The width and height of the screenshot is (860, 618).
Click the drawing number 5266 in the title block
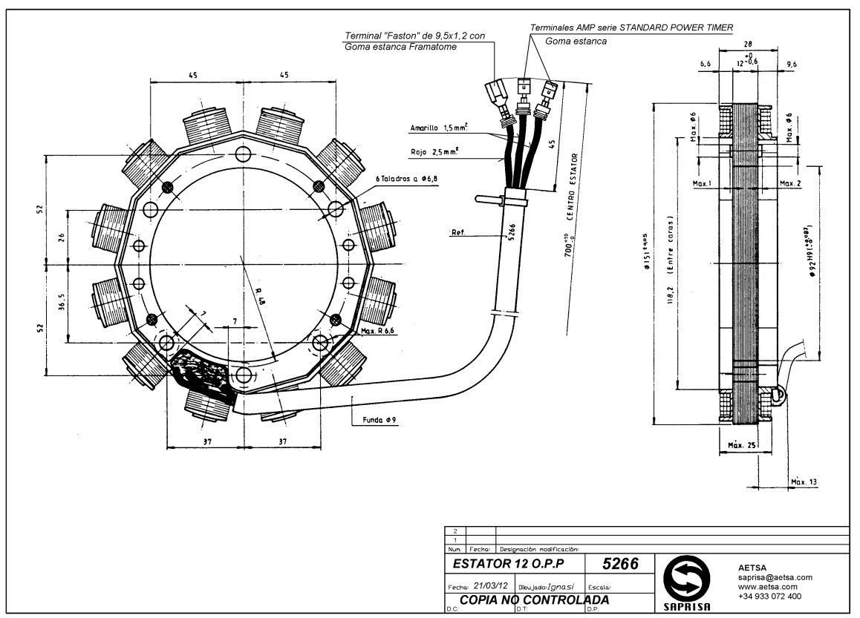(620, 564)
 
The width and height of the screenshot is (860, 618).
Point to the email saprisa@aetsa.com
(775, 577)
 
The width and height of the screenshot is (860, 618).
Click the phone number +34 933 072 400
(769, 596)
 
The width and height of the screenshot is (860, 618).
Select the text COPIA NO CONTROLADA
(535, 599)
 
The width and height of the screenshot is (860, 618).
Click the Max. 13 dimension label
(804, 482)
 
